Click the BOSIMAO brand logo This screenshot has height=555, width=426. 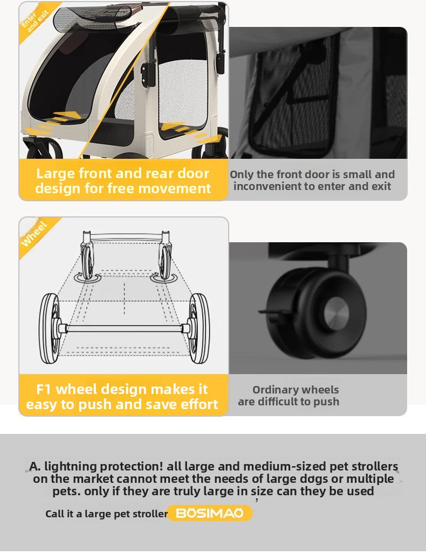point(209,513)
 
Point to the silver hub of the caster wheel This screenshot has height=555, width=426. point(336,314)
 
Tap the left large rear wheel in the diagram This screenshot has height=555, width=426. point(49,328)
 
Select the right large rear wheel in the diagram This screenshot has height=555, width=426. point(199,328)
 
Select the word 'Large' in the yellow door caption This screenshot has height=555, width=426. point(56,174)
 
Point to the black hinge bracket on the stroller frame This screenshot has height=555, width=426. point(147,74)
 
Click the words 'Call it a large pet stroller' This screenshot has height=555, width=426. point(106,514)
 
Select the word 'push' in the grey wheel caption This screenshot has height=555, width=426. point(327,402)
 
